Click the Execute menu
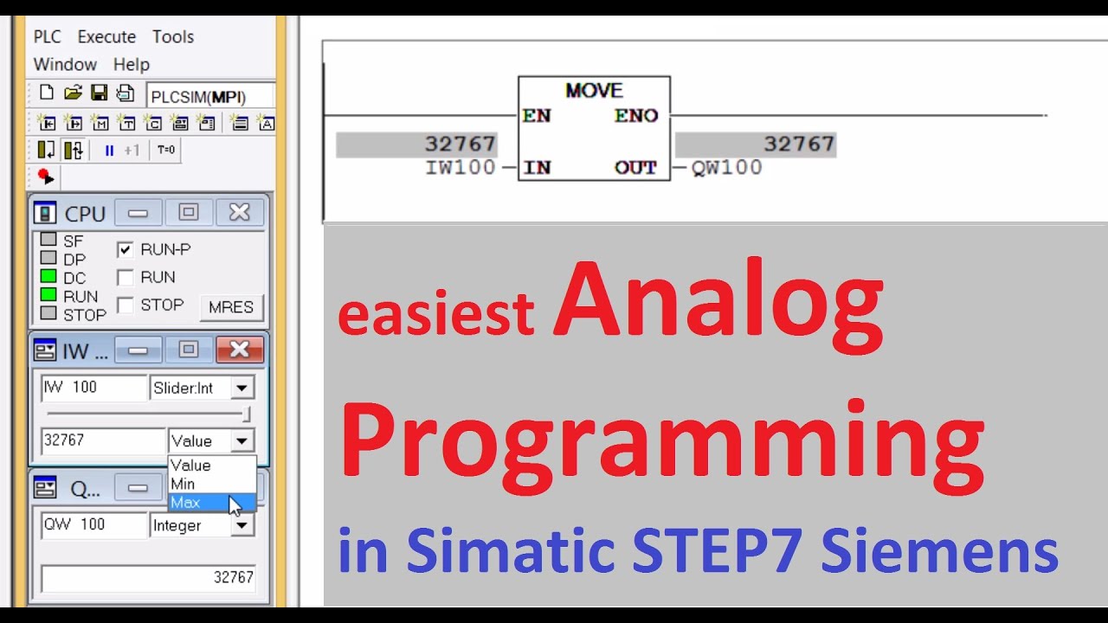tap(106, 37)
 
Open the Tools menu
tap(173, 37)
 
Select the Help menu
tap(132, 65)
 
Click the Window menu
tap(65, 65)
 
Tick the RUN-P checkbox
tap(126, 250)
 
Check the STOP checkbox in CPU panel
tap(126, 305)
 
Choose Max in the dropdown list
tap(186, 503)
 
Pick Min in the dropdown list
tap(183, 485)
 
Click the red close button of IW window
tap(240, 350)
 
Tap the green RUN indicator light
tap(48, 295)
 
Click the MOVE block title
tap(594, 91)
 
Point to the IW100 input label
tap(460, 168)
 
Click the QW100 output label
tap(727, 168)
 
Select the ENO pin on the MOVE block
tap(636, 116)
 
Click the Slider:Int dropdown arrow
tap(242, 389)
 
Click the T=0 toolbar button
tap(165, 151)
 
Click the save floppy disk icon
tap(100, 93)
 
